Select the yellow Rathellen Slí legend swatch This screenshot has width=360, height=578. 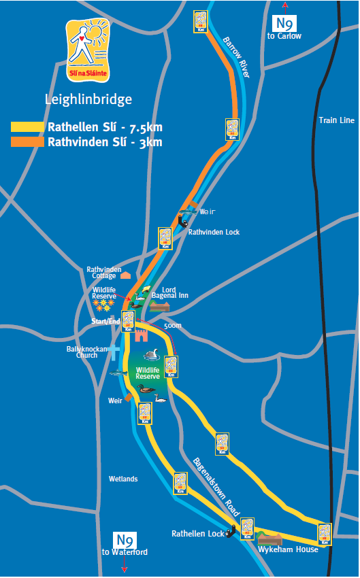coord(28,127)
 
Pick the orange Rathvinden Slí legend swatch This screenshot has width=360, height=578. coord(28,142)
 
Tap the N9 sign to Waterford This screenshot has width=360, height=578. coord(124,541)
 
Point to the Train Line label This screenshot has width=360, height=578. coord(337,120)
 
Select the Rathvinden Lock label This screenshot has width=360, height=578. coord(214,232)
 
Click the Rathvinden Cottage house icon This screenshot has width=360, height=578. coord(125,275)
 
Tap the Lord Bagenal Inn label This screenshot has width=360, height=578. coord(175,292)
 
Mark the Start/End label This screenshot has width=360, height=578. coord(106,320)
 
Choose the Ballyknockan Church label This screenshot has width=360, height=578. coord(86,351)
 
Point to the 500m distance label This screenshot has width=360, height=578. coord(173,326)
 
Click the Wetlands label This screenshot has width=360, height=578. coord(123,479)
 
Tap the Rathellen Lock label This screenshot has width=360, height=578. coord(197,534)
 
